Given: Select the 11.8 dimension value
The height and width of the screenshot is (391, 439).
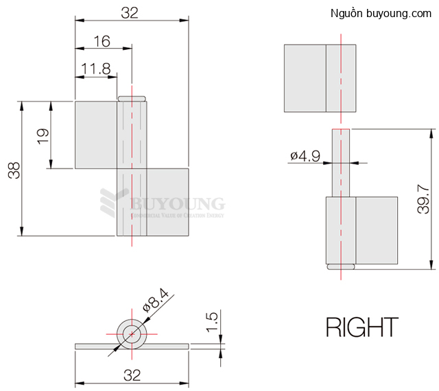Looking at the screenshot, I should coord(95,68).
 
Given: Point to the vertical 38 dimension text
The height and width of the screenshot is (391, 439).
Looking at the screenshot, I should coord(14,169).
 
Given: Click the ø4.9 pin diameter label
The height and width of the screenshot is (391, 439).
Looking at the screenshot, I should coord(305,156).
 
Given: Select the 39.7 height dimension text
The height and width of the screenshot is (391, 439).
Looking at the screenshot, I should coord(423,199).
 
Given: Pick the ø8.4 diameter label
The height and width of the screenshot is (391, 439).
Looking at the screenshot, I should coord(156,299).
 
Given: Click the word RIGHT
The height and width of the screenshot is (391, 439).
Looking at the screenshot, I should coord(361,327).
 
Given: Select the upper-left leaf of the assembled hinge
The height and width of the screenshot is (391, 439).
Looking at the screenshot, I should coord(95,135).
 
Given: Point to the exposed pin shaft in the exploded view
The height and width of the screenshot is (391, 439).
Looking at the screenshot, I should coord(341,162).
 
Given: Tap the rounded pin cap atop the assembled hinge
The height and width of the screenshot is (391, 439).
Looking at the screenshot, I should coord(132,99).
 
